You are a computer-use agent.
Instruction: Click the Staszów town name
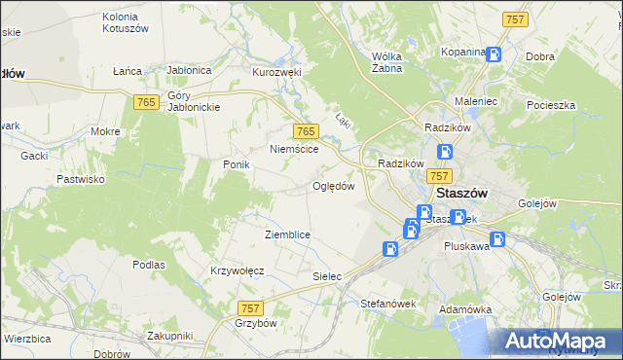coord(462,193)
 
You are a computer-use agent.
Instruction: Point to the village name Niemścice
coord(295,150)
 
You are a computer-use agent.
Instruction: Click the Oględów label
coord(333,186)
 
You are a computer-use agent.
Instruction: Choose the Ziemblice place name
coord(287,234)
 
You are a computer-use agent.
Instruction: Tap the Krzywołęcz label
coord(238,270)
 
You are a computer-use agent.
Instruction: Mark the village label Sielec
coord(327,276)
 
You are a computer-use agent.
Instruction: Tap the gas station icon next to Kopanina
coord(495,54)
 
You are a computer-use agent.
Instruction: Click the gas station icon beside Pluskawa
coord(498,239)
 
